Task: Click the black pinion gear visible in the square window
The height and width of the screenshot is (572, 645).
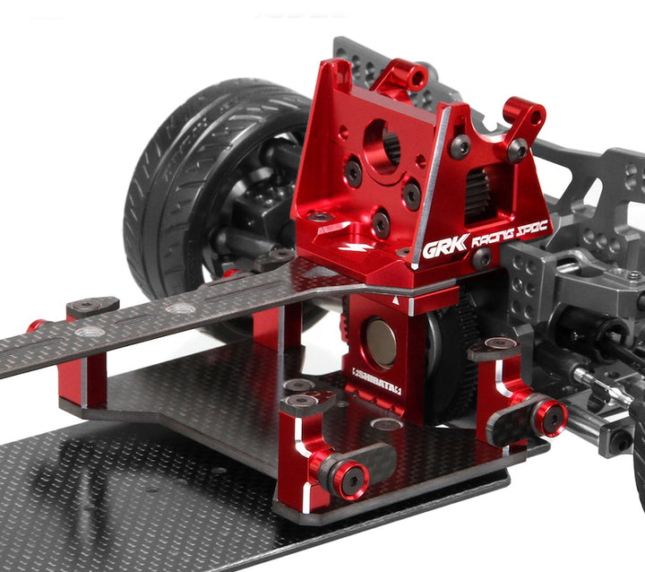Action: [x=478, y=192]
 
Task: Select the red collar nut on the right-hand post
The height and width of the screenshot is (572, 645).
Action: [x=548, y=417]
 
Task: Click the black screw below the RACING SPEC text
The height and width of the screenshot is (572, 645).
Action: [x=483, y=259]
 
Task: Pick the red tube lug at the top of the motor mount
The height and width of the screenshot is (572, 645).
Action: [x=413, y=78]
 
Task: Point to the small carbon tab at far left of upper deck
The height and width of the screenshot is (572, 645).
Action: [x=91, y=307]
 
